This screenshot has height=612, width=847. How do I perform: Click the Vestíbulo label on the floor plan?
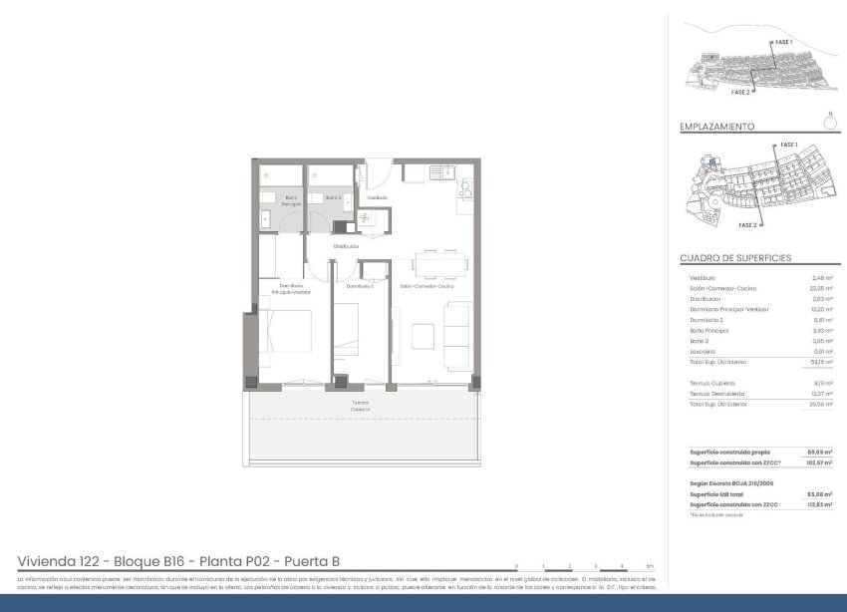coord(376,198)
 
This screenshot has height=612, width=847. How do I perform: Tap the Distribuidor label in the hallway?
coord(346,246)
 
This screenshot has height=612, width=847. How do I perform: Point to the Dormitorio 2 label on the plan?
coord(360,286)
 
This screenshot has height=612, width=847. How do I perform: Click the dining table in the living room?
coord(439,264)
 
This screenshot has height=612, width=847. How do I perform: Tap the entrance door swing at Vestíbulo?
coord(377,174)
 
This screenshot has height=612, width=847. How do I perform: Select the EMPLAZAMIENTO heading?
coord(716,128)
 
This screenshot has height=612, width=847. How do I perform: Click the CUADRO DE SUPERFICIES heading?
coord(735,258)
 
